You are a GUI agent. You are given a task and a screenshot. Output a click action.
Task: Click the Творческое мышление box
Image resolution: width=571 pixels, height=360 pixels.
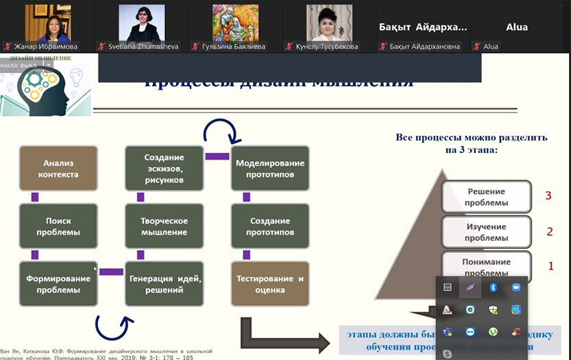pyautogui.click(x=164, y=226)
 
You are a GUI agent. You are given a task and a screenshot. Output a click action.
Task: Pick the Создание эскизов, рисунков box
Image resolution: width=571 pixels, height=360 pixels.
pyautogui.click(x=164, y=169)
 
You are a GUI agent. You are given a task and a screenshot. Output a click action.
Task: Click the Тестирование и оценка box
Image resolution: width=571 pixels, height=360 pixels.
pyautogui.click(x=269, y=284)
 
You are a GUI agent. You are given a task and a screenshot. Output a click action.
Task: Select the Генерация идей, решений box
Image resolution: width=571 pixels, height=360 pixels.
pyautogui.click(x=164, y=284)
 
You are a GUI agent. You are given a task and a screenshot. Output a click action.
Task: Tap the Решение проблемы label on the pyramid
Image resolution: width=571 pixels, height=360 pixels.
pyautogui.click(x=487, y=197)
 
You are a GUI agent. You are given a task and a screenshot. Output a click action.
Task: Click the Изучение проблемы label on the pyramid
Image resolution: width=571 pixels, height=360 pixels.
pyautogui.click(x=487, y=232)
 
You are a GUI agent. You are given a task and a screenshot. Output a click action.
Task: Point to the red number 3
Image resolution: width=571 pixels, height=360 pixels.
pyautogui.click(x=548, y=196)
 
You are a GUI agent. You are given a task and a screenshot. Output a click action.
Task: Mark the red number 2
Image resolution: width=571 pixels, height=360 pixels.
pyautogui.click(x=549, y=232)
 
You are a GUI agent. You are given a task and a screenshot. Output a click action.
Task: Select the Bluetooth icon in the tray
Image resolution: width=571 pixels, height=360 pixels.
pyautogui.click(x=494, y=287)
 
